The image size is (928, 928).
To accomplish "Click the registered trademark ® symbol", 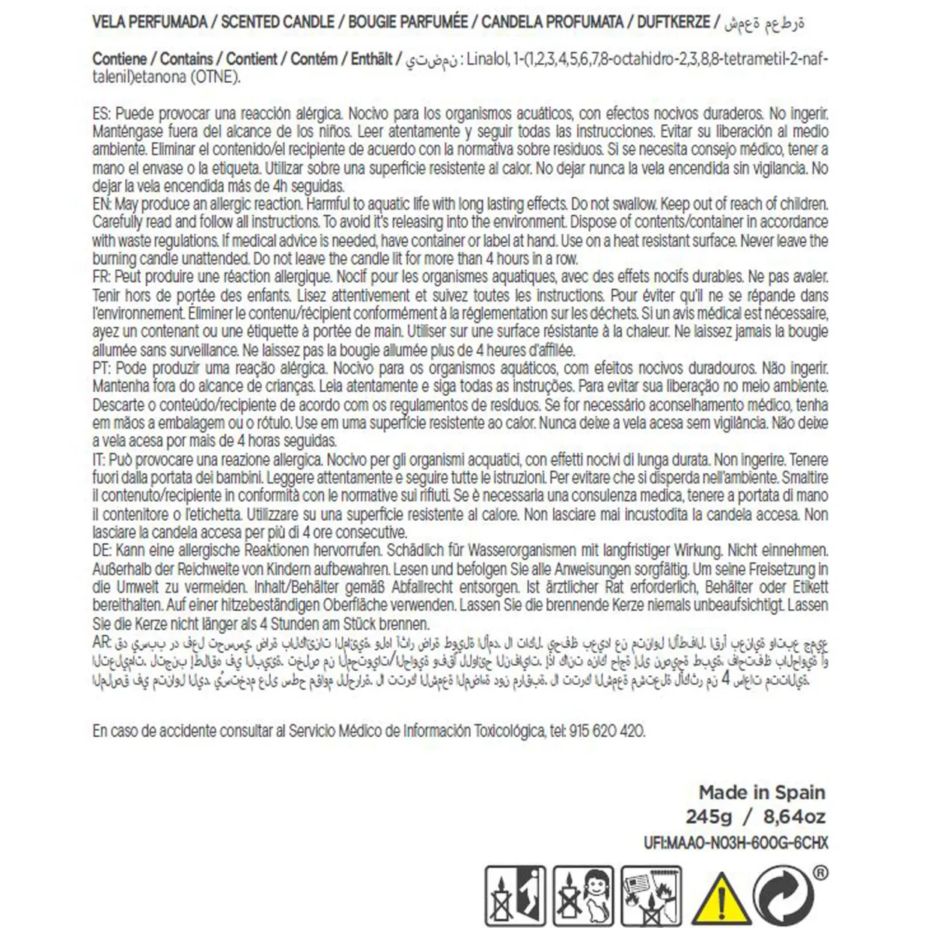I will pos(820,873).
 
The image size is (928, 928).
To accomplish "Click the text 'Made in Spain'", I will pos(762,792).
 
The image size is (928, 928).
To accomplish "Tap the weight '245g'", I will pos(708,816).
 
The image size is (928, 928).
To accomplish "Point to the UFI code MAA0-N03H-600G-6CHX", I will pos(736,843).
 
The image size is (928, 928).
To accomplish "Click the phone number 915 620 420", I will pos(607,730).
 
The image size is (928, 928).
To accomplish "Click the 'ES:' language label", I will pos(103,114).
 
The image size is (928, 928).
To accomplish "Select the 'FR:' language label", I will pos(103,277).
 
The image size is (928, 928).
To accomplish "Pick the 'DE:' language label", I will pos(103,550).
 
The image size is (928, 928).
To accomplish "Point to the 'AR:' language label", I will pos(103,643).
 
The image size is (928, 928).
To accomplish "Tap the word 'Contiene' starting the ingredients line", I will pos(119,59).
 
